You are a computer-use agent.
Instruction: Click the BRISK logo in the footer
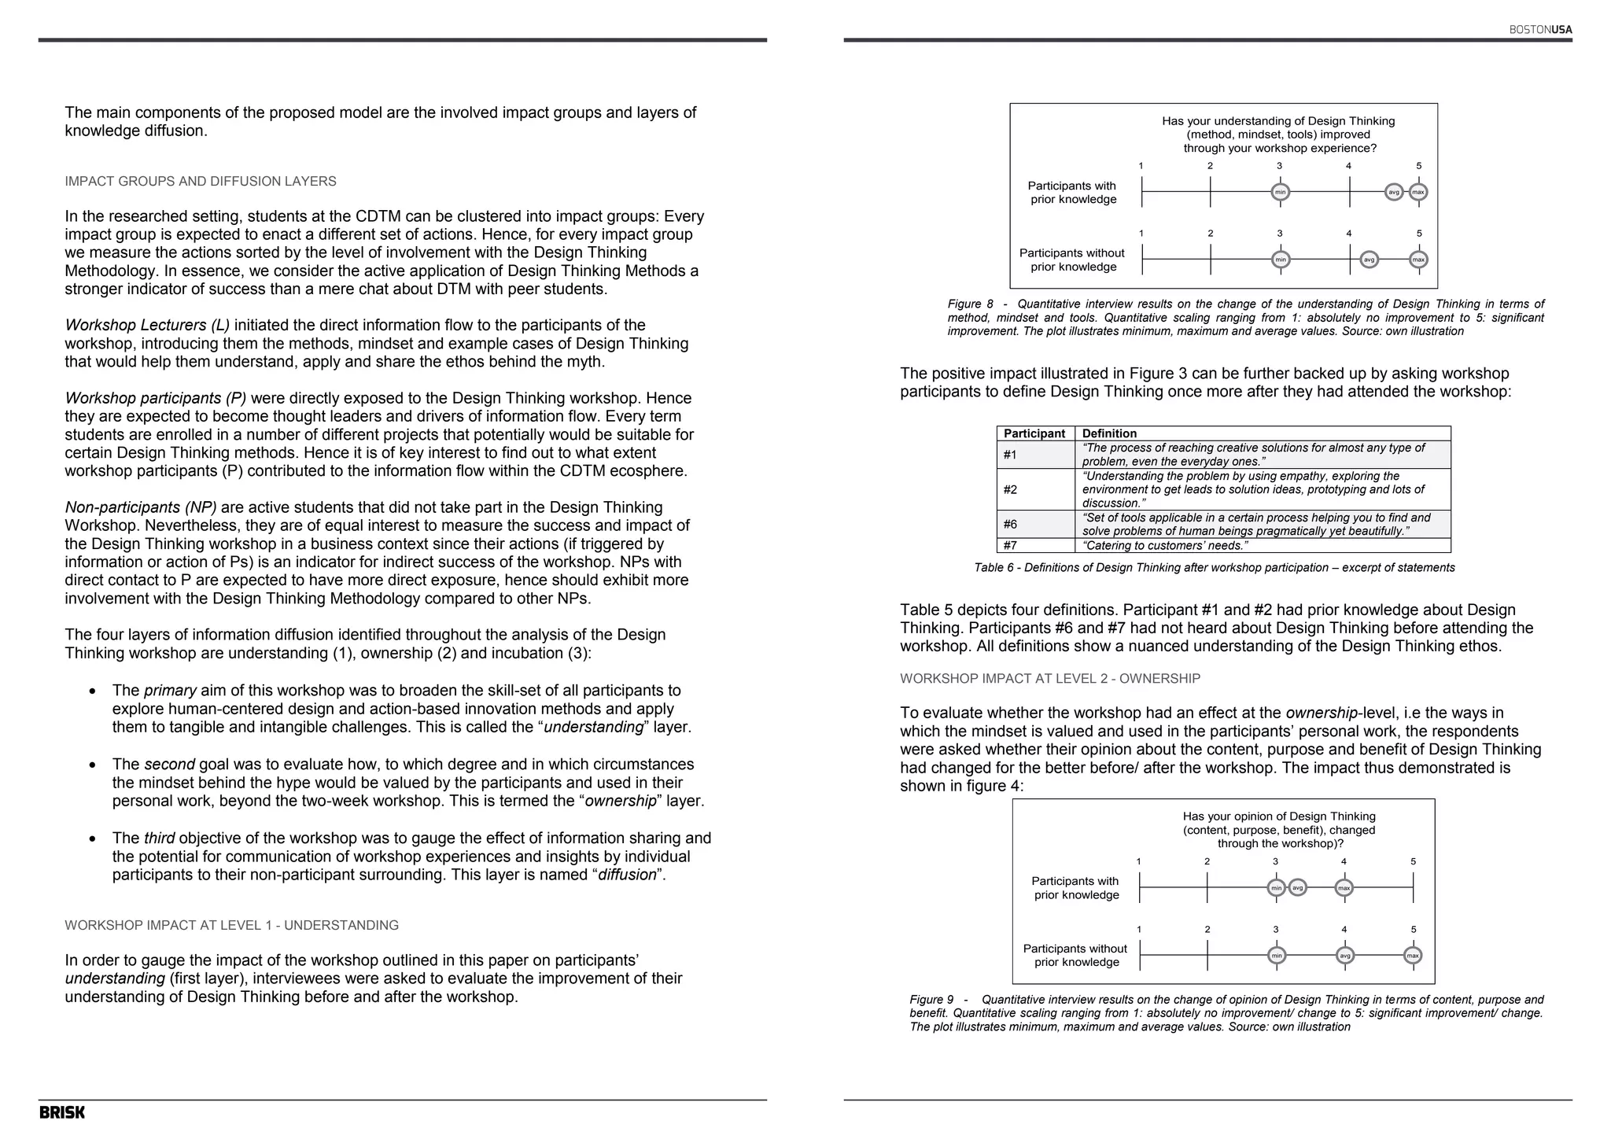[62, 1112]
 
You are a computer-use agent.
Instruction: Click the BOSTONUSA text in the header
[1540, 30]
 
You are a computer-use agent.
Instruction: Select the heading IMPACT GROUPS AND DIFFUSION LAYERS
[201, 182]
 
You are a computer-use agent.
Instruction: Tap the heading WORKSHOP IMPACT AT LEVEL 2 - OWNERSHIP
[1050, 679]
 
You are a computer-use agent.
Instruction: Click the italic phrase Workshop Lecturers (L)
[147, 326]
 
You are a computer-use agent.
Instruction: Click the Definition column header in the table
[1109, 433]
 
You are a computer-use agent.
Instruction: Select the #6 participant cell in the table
[1011, 524]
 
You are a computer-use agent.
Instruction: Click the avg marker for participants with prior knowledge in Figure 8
[1394, 192]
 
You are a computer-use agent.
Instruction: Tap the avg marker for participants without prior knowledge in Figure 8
[1369, 260]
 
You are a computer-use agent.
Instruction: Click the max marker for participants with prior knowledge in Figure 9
[1344, 888]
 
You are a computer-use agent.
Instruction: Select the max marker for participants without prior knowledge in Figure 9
[1413, 956]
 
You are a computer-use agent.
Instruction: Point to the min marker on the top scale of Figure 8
[1280, 192]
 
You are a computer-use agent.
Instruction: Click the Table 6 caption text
[1214, 568]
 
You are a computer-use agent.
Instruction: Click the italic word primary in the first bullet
[170, 691]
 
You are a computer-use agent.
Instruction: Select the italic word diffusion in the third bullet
[627, 875]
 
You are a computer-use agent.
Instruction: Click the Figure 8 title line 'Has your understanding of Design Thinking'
[1278, 121]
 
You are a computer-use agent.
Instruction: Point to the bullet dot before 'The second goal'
[93, 765]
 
